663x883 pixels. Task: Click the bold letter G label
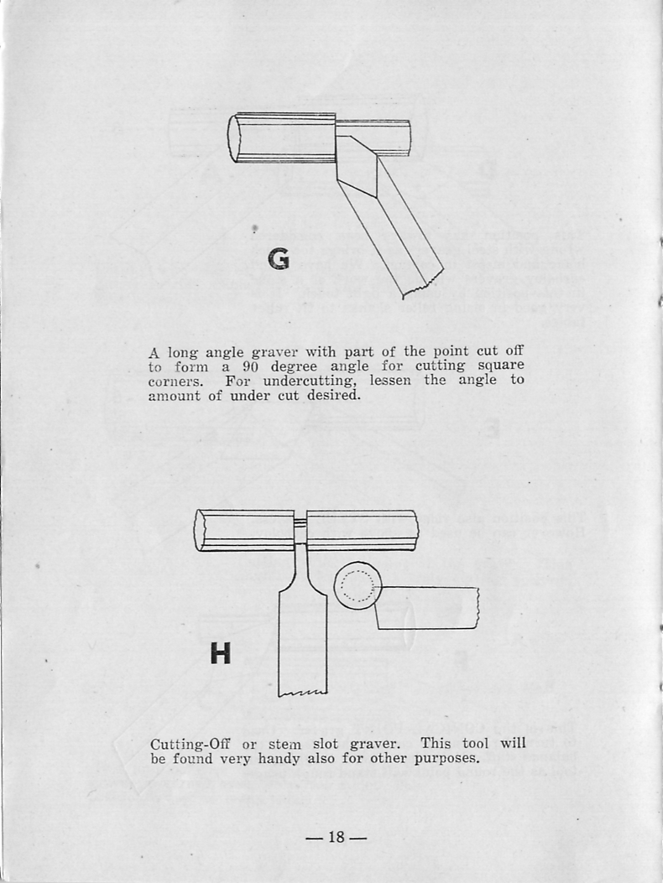(279, 258)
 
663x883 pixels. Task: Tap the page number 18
(337, 837)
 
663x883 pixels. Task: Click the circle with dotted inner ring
(358, 585)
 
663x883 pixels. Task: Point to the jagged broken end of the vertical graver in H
(303, 693)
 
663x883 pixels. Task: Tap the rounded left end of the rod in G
(233, 139)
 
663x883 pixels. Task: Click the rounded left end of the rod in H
(200, 531)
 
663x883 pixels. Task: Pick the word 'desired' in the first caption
(333, 395)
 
